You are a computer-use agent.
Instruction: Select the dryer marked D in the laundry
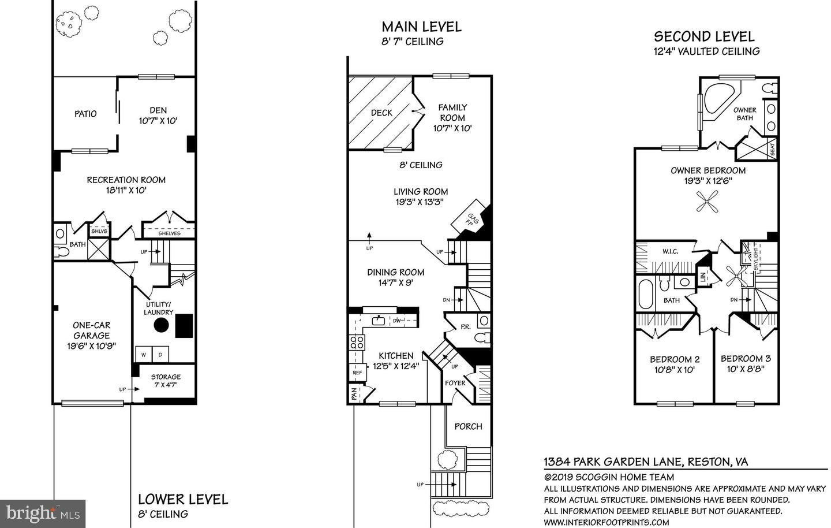pos(161,354)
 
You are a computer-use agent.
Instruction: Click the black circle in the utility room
pos(161,325)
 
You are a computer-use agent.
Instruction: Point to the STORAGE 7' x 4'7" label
pos(166,381)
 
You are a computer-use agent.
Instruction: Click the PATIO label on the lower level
pos(85,114)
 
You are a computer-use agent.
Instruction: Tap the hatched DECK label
pos(381,113)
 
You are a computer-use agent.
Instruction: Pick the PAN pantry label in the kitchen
pos(354,394)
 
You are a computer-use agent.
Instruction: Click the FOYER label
pos(455,382)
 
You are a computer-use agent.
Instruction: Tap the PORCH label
pos(468,426)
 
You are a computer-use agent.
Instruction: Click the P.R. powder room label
pos(465,326)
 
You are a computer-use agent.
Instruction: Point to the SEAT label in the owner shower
pos(773,150)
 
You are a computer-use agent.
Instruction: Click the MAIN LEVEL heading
pos(421,27)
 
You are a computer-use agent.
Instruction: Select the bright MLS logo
pos(43,512)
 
